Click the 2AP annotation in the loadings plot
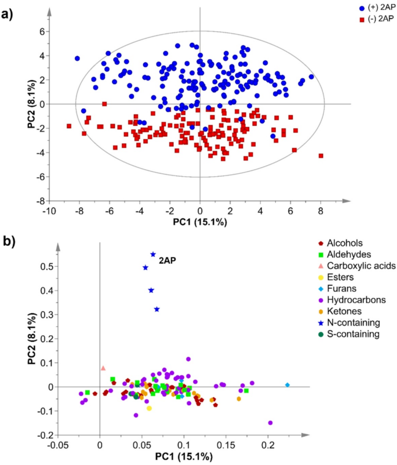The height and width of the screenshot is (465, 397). pyautogui.click(x=167, y=261)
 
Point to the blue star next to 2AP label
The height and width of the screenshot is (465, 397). pyautogui.click(x=153, y=254)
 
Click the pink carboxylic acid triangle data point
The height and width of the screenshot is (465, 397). pyautogui.click(x=103, y=368)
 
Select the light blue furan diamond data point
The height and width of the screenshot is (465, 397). pyautogui.click(x=287, y=385)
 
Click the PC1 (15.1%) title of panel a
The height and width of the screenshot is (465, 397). pyautogui.click(x=199, y=221)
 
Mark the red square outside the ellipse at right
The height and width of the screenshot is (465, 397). pyautogui.click(x=320, y=155)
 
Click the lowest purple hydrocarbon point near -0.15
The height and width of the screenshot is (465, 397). pyautogui.click(x=270, y=423)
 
